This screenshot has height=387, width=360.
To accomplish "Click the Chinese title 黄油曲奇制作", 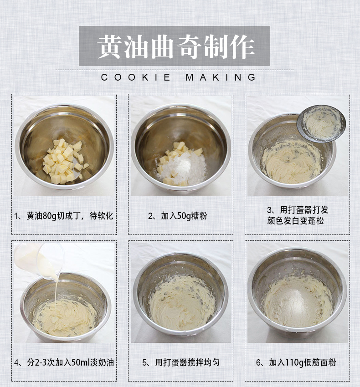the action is [x=176, y=46].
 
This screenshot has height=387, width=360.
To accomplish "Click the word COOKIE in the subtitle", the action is [x=136, y=77].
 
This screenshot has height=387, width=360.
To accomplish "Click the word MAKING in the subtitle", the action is [x=221, y=77].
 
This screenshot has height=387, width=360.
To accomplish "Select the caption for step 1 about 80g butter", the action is [x=64, y=216].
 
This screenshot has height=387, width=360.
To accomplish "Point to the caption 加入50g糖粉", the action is [x=178, y=216].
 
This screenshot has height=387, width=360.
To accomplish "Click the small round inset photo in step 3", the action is [x=321, y=124].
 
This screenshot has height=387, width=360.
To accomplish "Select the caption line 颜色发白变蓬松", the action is [x=295, y=221].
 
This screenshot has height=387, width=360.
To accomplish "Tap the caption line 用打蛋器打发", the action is [x=298, y=210].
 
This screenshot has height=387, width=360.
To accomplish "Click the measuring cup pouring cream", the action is [x=40, y=260].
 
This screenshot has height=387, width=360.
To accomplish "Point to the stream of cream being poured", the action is [x=57, y=291].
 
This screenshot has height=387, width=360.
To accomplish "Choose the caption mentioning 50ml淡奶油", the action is [x=64, y=362].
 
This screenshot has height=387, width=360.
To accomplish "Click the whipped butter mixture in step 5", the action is [x=182, y=303].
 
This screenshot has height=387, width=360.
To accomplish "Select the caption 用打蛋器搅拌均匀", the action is [x=181, y=362].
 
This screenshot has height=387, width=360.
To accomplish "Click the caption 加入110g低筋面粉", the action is [x=296, y=362].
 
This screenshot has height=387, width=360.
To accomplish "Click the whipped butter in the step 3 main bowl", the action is [x=292, y=162].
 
